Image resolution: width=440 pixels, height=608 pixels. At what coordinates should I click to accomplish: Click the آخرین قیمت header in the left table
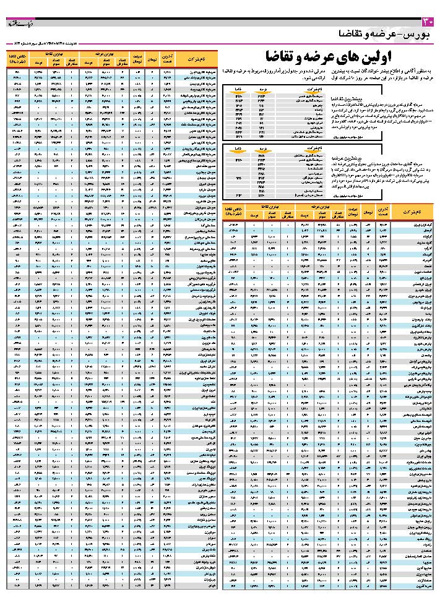166,59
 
